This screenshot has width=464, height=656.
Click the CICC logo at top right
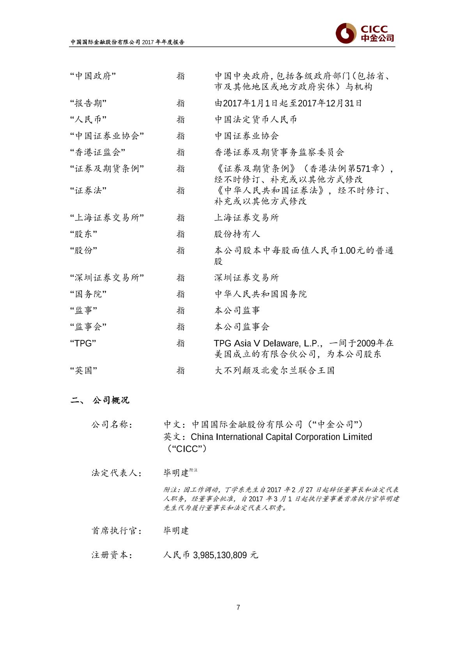click(x=365, y=34)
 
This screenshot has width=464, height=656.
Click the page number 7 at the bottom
click(x=238, y=607)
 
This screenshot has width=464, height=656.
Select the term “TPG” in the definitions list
click(x=83, y=343)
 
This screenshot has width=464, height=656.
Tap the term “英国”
click(x=83, y=370)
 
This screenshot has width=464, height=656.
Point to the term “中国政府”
click(x=93, y=76)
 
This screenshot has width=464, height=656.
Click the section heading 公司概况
click(x=111, y=400)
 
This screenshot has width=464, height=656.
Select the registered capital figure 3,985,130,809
click(x=220, y=555)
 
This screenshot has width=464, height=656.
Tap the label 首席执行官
click(x=116, y=531)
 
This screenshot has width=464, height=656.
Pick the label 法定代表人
click(x=116, y=473)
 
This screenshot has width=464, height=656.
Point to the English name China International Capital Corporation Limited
click(x=281, y=437)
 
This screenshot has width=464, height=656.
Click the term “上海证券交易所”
click(x=107, y=218)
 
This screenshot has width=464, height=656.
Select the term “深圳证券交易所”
click(x=107, y=278)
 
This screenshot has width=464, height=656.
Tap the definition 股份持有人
click(x=237, y=234)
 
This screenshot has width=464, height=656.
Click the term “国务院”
click(x=88, y=294)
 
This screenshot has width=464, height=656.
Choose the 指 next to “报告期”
click(x=181, y=103)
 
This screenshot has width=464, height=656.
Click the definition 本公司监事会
click(x=242, y=327)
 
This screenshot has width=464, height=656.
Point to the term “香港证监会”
click(x=97, y=152)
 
